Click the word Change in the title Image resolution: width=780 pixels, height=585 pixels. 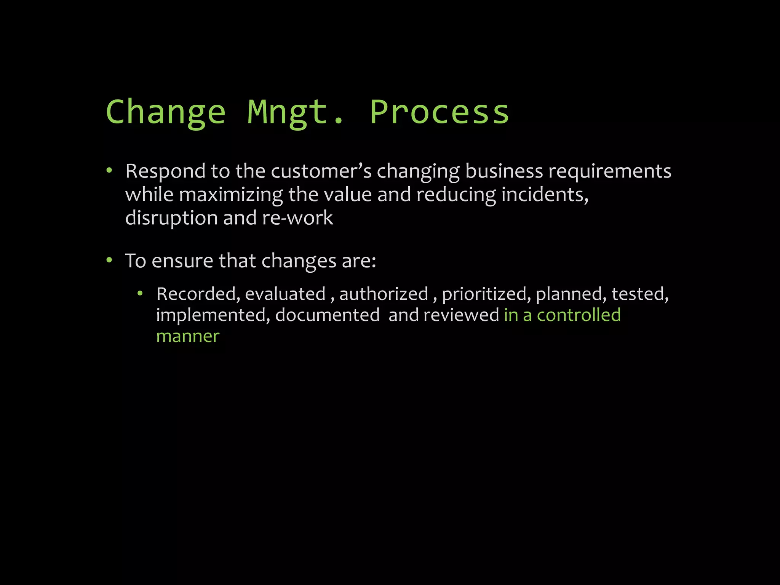click(x=166, y=112)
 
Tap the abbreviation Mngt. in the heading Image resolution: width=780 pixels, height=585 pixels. click(x=296, y=112)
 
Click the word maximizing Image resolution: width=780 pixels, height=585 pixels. click(x=231, y=195)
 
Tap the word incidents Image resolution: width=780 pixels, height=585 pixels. click(x=545, y=195)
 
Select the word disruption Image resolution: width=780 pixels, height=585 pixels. click(x=171, y=218)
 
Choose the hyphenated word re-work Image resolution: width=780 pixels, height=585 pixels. click(x=297, y=218)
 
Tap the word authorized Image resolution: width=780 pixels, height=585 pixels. click(x=384, y=294)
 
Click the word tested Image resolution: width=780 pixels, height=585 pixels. click(x=640, y=294)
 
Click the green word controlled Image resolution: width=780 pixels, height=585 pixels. click(x=579, y=315)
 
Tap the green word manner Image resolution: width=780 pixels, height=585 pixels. click(x=188, y=337)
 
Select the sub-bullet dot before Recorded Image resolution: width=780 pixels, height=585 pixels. click(x=140, y=293)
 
